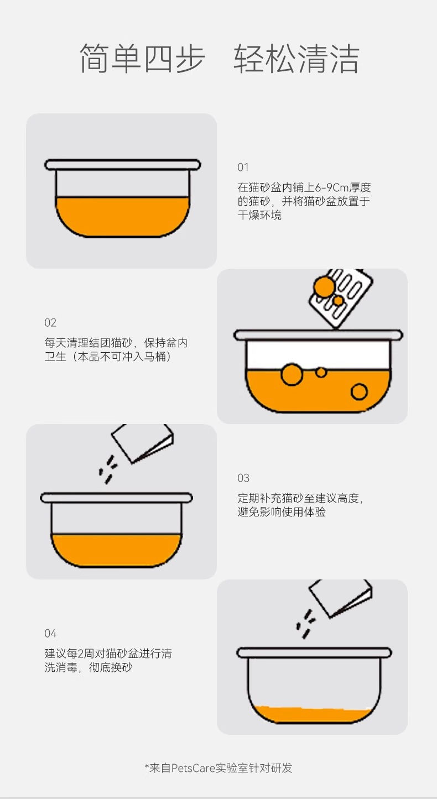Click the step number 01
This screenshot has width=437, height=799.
243,168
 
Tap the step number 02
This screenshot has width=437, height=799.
50,323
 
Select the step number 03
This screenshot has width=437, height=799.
243,478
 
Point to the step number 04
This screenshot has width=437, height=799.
50,634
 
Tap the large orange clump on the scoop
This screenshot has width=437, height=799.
324,286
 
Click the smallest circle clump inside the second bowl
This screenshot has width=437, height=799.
321,372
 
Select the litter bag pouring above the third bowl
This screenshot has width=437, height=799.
143,442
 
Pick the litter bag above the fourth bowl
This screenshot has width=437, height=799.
340,598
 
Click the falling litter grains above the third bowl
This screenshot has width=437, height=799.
108,469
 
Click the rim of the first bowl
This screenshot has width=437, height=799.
123,165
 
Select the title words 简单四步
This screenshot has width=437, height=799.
142,59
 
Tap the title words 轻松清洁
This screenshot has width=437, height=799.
296,59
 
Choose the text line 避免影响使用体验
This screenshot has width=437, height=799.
282,512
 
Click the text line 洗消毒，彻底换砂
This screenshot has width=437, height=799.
89,667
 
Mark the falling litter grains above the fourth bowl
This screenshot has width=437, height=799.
306,624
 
